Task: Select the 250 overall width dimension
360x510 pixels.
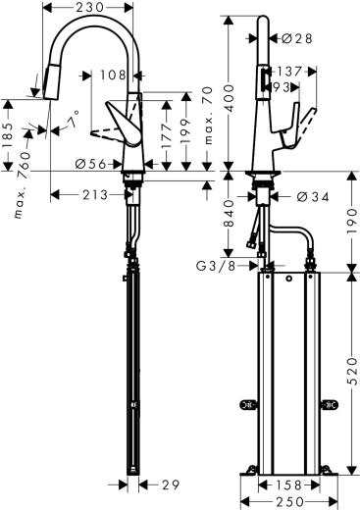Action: pyautogui.click(x=289, y=501)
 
